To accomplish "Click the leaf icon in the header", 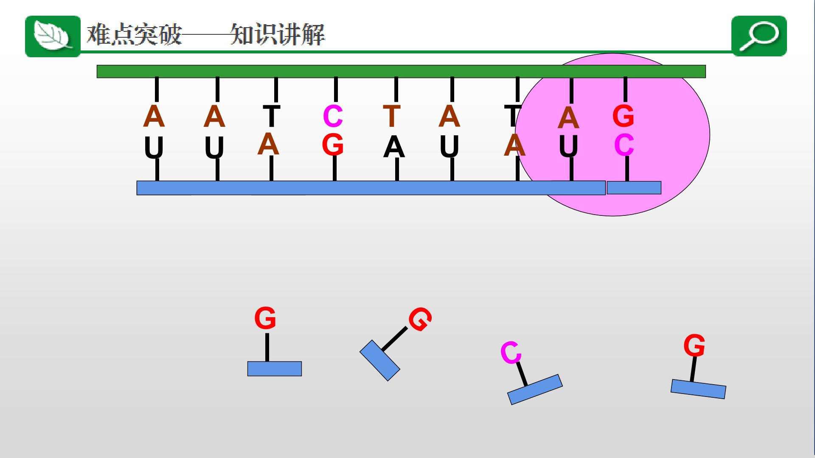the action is tap(53, 36).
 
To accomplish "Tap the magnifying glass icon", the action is tap(759, 36).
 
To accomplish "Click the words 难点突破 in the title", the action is tap(135, 34).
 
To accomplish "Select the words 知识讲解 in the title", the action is tap(278, 34).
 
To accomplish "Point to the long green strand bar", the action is tap(401, 71).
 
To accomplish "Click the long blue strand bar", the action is tap(371, 188).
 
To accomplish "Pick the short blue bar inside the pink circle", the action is tap(634, 187).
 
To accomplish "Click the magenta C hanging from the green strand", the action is tap(333, 116).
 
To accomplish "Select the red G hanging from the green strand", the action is tap(623, 116).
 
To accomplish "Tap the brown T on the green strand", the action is tap(392, 116).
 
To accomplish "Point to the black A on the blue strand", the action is tap(394, 148).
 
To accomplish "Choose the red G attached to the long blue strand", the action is tap(332, 145).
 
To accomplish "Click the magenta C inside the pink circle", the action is tap(624, 145).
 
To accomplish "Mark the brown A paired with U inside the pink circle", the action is tap(568, 118).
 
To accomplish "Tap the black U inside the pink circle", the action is tap(568, 147).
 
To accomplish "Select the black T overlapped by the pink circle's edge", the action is tap(513, 116).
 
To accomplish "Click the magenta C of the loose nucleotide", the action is tap(511, 352).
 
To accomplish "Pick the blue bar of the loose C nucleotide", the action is tap(535, 389).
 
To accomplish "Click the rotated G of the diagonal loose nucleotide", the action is tap(420, 319).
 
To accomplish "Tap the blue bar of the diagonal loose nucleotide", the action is tap(380, 360).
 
